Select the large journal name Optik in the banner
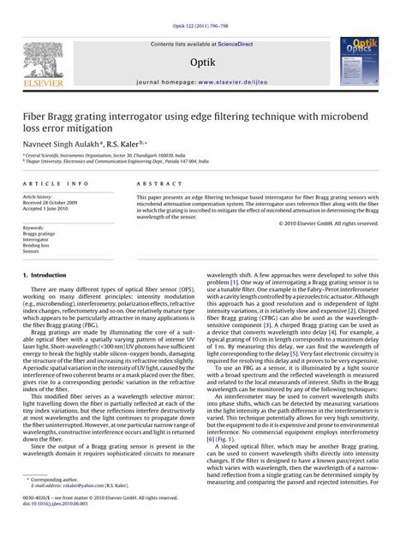203,62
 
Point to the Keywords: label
33,228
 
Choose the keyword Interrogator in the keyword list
36,240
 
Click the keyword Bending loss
37,246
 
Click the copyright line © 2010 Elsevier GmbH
328,223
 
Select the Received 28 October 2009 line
50,203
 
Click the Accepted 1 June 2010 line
46,209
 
